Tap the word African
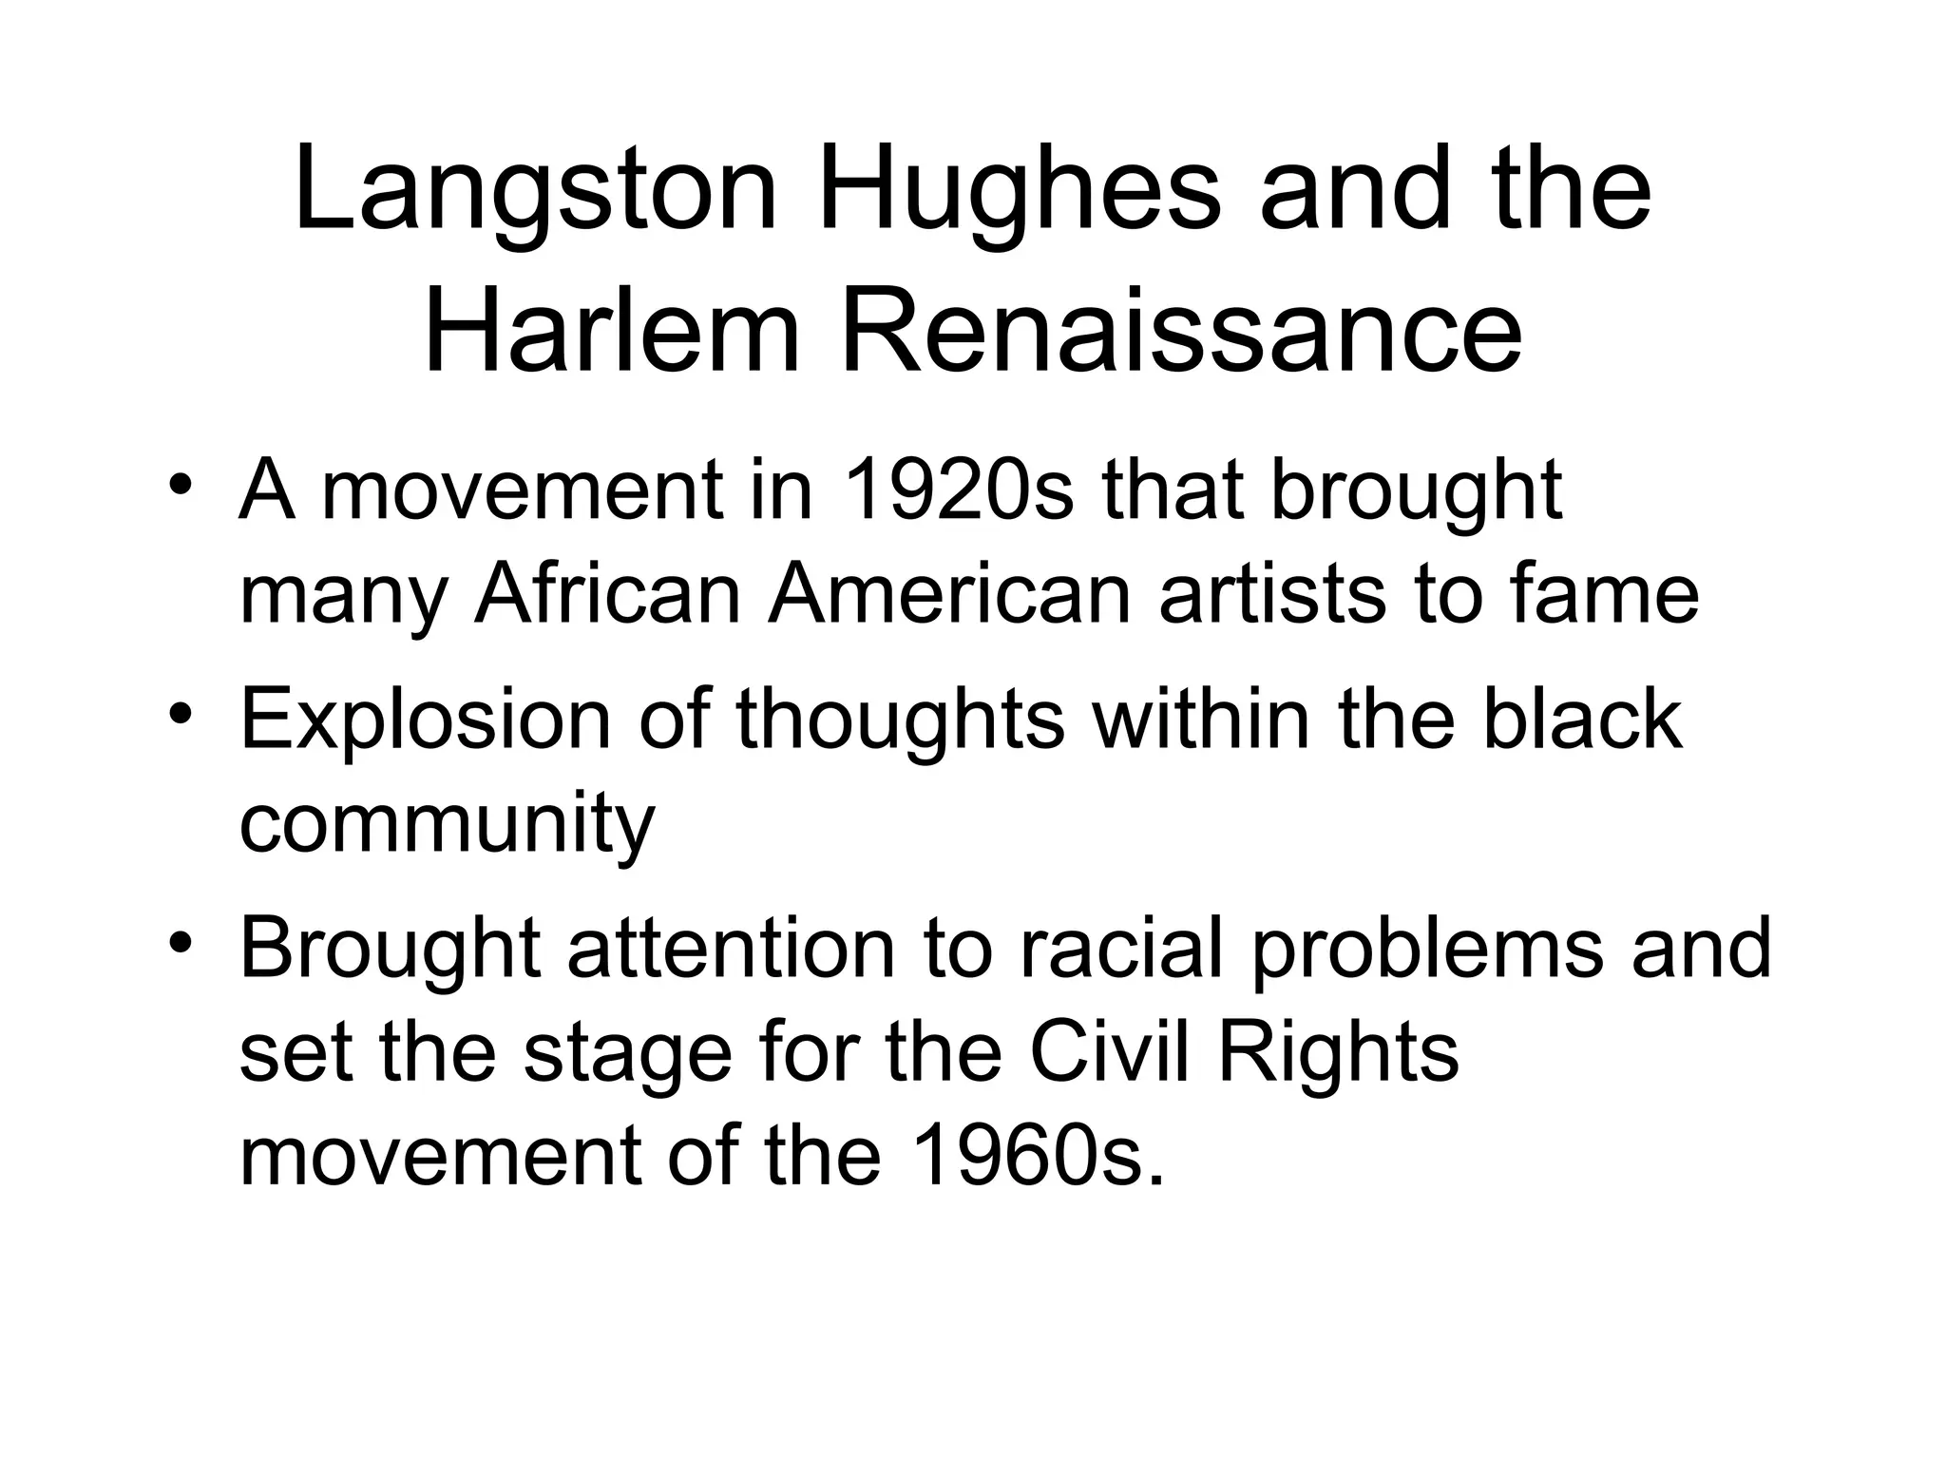point(608,595)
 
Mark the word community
point(447,824)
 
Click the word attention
point(732,948)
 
